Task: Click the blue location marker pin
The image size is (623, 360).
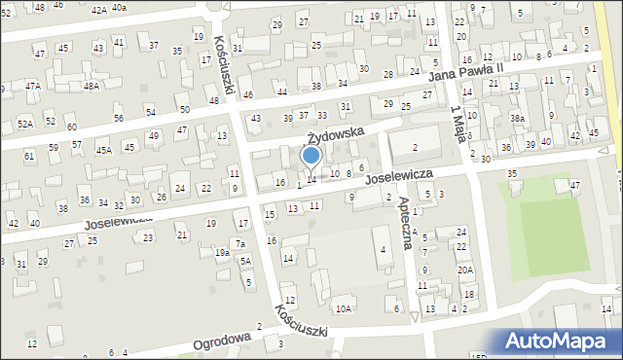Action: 311,156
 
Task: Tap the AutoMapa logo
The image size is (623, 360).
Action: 561,342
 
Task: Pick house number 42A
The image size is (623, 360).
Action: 98,9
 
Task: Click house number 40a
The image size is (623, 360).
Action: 119,7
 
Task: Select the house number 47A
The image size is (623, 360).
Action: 33,86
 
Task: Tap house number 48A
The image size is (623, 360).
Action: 92,86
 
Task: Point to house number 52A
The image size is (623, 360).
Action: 25,124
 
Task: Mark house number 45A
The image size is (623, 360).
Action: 104,150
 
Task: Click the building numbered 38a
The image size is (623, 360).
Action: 517,118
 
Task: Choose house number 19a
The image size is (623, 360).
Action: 222,252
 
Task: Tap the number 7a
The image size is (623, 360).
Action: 238,242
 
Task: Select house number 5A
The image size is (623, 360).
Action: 246,261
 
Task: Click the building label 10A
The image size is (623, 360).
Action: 343,308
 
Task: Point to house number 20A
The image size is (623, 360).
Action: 465,270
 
